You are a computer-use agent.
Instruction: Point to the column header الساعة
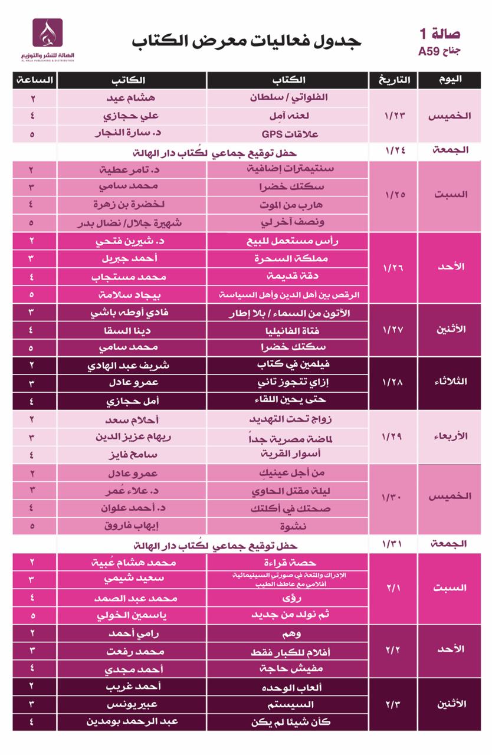(34, 80)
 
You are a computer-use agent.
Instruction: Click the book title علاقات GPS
(288, 134)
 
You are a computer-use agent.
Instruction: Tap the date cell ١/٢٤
(393, 150)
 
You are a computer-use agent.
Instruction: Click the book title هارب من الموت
(289, 205)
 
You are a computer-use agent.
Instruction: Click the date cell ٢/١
(393, 587)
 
